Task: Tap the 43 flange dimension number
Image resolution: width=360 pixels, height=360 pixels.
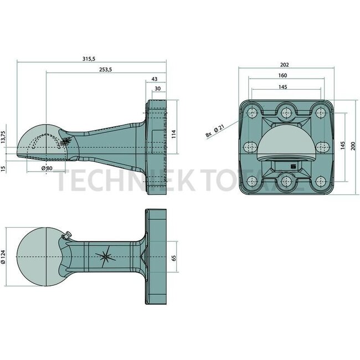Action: click(154, 79)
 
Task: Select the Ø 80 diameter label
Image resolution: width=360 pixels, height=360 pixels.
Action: click(47, 168)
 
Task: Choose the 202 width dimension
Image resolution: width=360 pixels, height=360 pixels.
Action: click(285, 65)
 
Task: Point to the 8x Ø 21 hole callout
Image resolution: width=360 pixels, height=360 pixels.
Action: click(214, 131)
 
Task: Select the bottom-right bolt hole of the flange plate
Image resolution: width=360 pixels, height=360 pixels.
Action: click(320, 181)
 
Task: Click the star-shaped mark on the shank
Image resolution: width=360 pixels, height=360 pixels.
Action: click(104, 256)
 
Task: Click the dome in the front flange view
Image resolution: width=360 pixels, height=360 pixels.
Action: click(286, 143)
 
